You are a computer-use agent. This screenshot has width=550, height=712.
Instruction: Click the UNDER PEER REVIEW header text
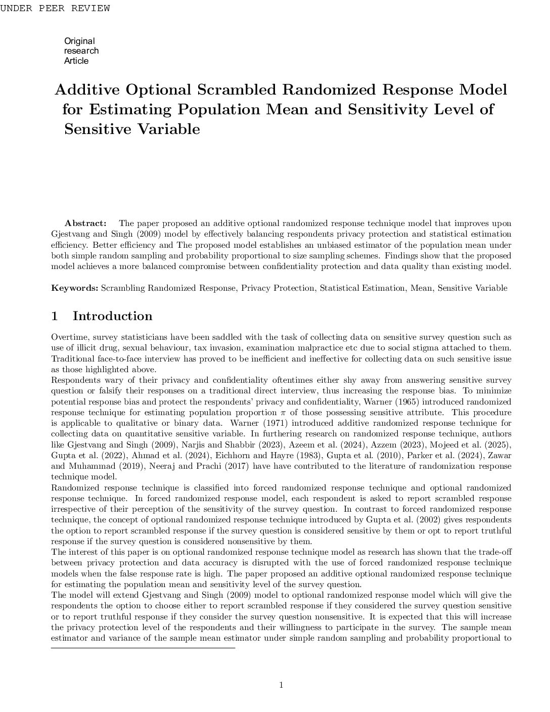point(55,8)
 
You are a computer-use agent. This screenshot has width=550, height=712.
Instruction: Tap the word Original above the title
point(79,41)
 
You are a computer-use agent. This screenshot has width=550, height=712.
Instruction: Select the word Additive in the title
point(87,90)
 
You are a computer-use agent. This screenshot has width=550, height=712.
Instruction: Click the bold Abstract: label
point(85,224)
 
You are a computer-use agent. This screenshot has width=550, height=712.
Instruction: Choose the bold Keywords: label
point(75,288)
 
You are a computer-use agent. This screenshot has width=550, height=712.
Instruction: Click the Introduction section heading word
point(112,316)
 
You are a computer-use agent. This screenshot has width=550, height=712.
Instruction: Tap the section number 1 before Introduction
point(55,316)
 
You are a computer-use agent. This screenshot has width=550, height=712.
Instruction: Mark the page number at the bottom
point(281,685)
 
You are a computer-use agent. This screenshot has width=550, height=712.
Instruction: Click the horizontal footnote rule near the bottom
point(143,648)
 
